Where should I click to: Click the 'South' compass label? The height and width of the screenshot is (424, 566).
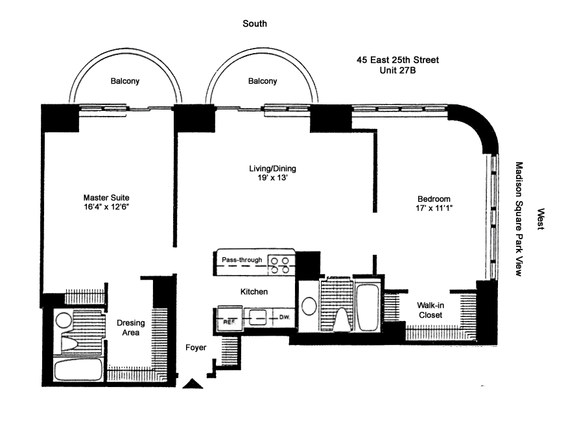(255, 24)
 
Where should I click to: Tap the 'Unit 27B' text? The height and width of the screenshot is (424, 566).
(397, 70)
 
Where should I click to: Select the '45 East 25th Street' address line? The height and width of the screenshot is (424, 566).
(397, 60)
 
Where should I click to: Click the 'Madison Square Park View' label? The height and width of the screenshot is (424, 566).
(518, 219)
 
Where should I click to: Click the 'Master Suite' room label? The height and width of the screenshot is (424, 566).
(104, 197)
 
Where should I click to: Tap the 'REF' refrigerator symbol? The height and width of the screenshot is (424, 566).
(228, 320)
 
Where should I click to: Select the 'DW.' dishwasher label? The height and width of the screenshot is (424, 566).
(284, 318)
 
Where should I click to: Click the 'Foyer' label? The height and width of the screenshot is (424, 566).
(195, 347)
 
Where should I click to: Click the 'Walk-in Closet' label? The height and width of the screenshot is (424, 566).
(430, 310)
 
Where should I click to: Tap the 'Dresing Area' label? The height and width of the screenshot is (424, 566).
(129, 328)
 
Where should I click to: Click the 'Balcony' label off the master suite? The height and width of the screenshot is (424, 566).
(125, 81)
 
